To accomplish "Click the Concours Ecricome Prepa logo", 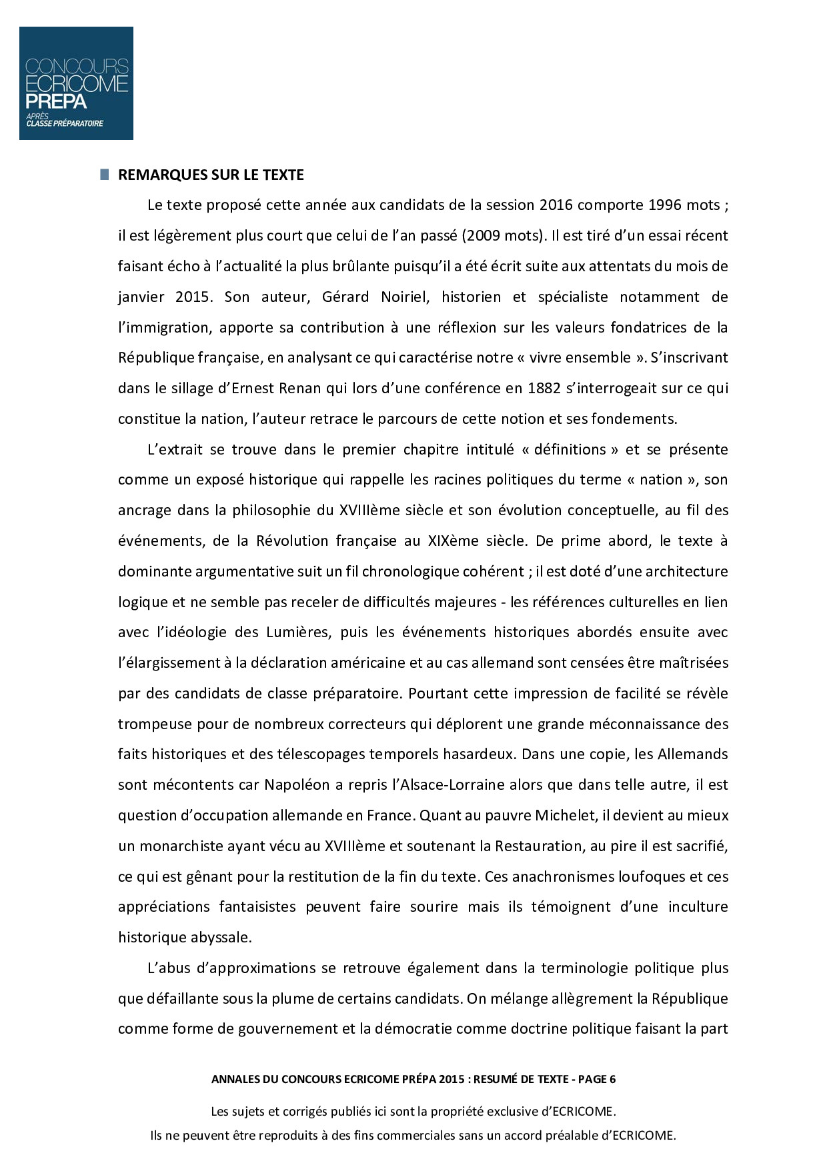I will [76, 83].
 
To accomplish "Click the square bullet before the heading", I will [104, 175].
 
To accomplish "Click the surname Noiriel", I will [403, 297].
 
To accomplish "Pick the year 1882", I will [544, 388].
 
